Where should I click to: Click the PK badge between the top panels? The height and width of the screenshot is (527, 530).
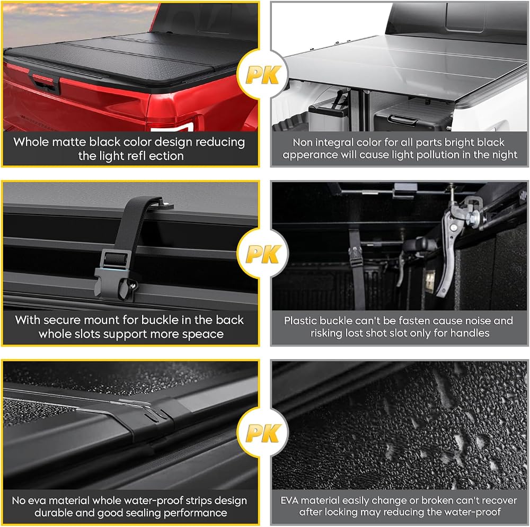point(263,75)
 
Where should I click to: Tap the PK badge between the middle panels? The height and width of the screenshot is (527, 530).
point(263,254)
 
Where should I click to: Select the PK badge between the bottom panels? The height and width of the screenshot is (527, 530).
point(263,433)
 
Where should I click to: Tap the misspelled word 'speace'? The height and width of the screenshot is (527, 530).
point(203,334)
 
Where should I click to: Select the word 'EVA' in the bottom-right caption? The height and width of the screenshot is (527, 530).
point(289,501)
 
